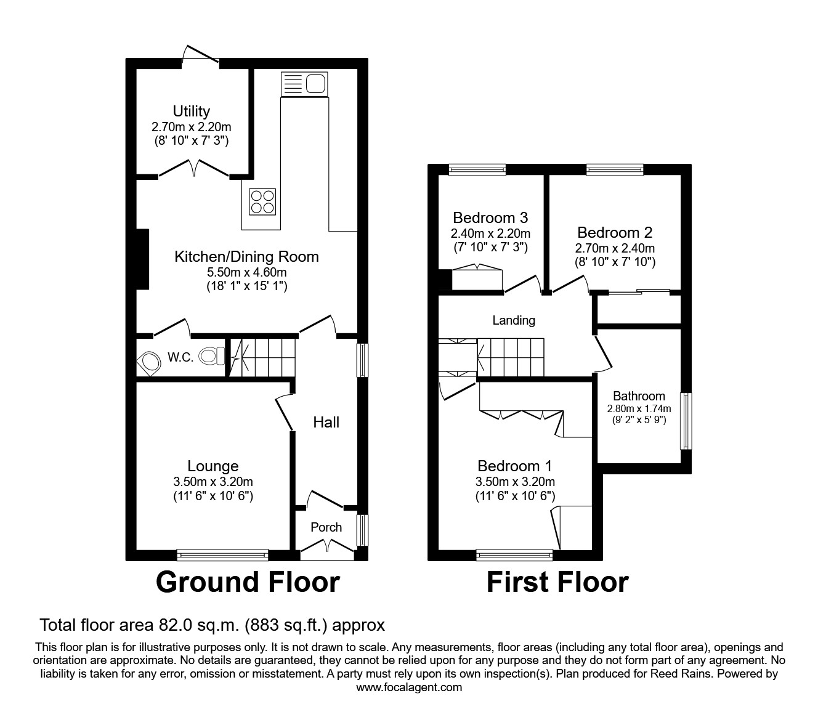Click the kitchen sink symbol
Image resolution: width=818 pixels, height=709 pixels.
(x=304, y=84)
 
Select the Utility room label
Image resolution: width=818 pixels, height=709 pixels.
(x=191, y=111)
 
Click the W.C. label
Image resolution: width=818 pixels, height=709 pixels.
(x=181, y=357)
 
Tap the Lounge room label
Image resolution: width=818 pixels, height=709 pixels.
(x=213, y=466)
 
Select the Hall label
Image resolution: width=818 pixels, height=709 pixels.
(x=326, y=423)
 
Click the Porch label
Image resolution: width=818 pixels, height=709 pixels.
(x=326, y=527)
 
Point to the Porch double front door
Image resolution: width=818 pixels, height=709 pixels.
(x=326, y=547)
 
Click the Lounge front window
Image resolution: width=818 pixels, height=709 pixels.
(x=222, y=555)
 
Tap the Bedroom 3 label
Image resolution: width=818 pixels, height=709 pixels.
(x=490, y=217)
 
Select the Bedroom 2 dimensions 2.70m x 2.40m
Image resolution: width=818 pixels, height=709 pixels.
(x=615, y=248)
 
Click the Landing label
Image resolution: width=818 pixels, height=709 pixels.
(x=514, y=320)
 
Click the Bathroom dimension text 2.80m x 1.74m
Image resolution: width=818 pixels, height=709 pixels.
(x=639, y=408)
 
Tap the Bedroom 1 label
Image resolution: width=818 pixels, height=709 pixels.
(x=515, y=466)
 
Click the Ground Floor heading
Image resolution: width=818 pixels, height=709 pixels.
(x=248, y=582)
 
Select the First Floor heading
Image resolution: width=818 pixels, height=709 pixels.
(x=557, y=582)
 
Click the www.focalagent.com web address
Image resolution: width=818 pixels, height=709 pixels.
(x=409, y=687)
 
